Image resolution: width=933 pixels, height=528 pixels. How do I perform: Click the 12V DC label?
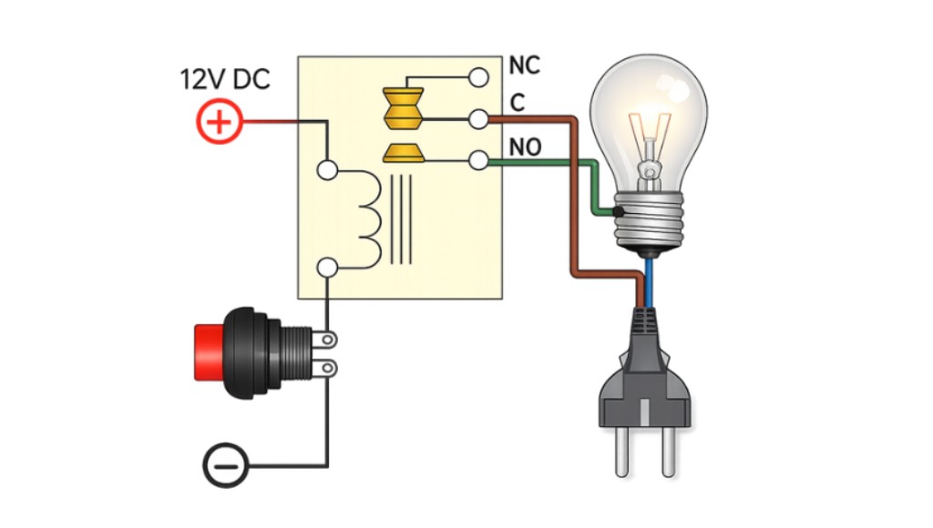pos(224,79)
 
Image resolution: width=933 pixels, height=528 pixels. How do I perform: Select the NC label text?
pos(525,66)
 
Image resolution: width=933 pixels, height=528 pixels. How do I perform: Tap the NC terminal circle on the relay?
pos(477,76)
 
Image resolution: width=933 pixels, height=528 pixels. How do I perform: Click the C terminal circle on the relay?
pos(477,118)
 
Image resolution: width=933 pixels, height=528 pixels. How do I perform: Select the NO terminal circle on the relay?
pos(477,161)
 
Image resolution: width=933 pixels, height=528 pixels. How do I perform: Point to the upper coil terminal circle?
pos(327,169)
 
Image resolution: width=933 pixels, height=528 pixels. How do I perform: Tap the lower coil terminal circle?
pos(327,267)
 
